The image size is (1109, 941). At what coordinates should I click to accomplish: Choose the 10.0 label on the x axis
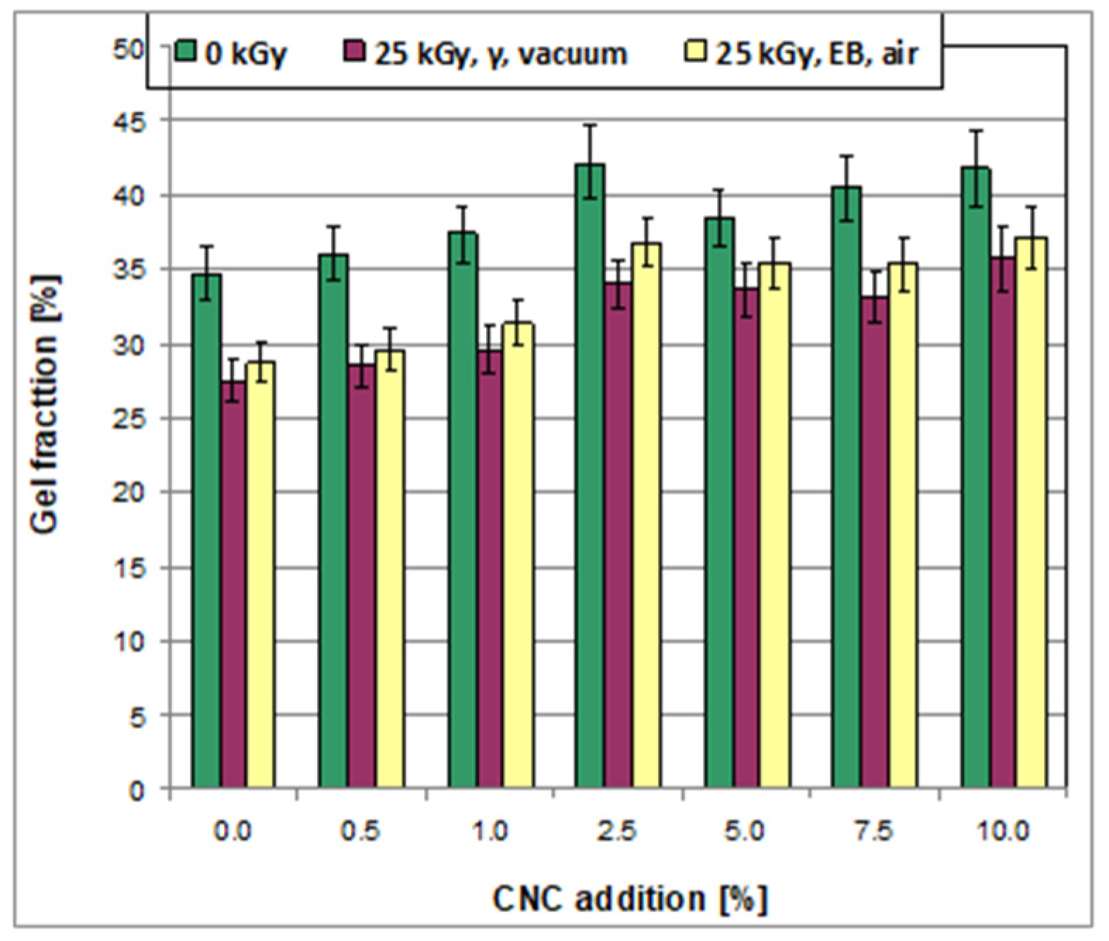[x=1003, y=832]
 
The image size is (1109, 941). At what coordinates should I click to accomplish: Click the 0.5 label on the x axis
[x=362, y=832]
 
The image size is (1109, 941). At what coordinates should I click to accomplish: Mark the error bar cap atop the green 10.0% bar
[x=974, y=131]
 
